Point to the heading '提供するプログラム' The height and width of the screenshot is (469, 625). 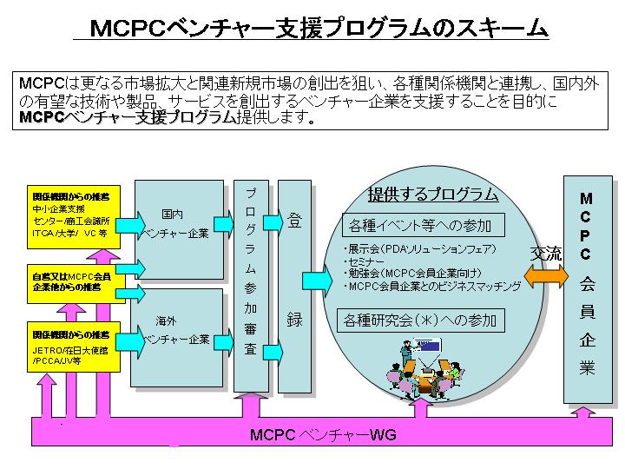point(433,194)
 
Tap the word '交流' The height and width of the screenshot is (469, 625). point(546,254)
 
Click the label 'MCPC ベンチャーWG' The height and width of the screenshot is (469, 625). point(322,434)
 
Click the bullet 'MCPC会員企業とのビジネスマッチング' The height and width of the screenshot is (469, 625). point(432,287)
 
